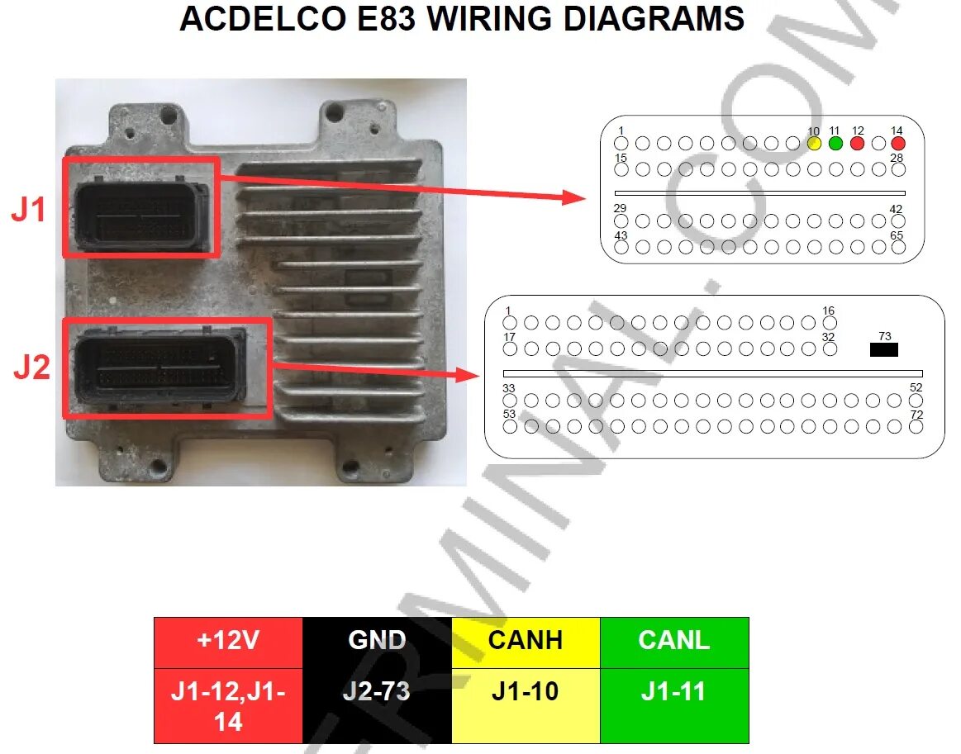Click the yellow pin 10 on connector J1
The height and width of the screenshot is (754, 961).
click(x=814, y=144)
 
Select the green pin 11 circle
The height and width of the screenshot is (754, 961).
click(x=835, y=144)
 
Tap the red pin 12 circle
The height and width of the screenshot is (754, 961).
click(x=857, y=144)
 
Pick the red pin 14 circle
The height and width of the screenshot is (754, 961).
click(x=899, y=144)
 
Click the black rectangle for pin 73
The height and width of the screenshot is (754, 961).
click(x=884, y=349)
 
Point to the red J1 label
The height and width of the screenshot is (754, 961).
click(x=29, y=211)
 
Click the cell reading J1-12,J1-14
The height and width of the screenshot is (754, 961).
click(x=228, y=705)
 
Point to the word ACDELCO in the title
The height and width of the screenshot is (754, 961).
click(x=264, y=18)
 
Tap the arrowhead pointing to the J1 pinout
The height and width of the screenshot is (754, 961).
click(x=575, y=197)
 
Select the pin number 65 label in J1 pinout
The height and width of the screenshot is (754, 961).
click(x=897, y=235)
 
